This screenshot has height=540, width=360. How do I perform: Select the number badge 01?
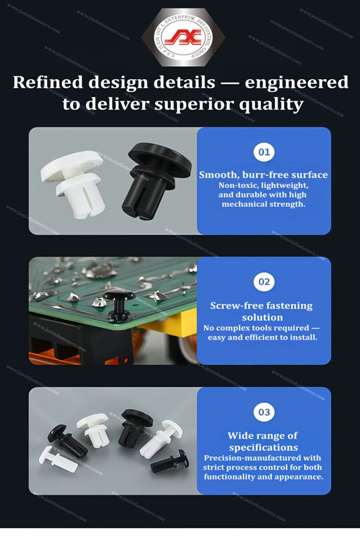tap(264, 152)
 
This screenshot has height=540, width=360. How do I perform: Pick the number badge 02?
tap(264, 282)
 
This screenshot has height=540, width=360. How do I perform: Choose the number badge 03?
tap(264, 412)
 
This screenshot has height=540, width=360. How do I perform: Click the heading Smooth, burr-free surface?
tap(264, 175)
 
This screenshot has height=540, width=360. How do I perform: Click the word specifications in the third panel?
tap(264, 447)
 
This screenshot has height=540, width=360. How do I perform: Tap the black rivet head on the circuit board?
tap(119, 295)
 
